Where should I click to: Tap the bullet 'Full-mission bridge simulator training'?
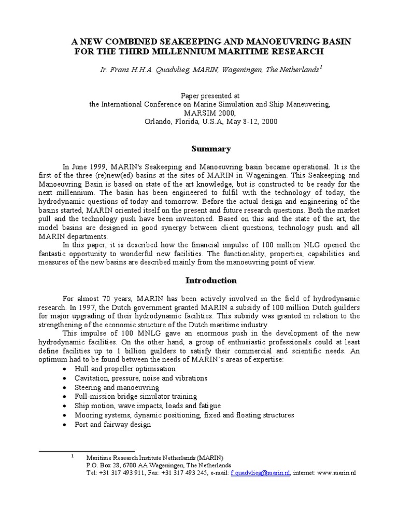(133, 397)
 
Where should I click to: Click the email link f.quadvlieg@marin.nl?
(260, 473)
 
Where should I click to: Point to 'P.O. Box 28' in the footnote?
(103, 466)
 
